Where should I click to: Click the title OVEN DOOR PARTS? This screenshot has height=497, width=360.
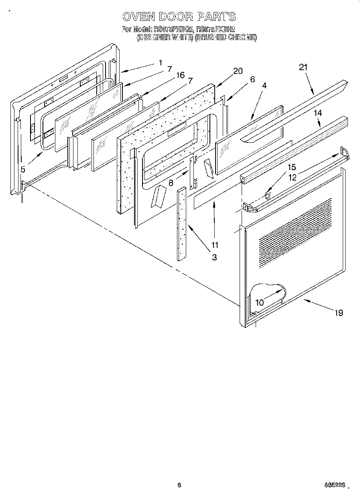coord(179,16)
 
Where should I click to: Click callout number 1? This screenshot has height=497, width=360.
coord(160,63)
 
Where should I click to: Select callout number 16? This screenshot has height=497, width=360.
coord(180,75)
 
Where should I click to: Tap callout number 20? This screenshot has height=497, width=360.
coord(238,71)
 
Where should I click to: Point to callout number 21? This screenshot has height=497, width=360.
coord(303,67)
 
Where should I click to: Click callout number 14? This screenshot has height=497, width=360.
coord(317,113)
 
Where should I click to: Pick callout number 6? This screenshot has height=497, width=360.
coord(252,79)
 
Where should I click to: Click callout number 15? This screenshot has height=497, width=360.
coord(291,167)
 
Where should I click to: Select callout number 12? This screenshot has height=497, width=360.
coord(293,177)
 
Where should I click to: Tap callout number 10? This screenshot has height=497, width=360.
coord(260,302)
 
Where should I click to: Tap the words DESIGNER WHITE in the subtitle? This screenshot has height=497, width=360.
coord(165,38)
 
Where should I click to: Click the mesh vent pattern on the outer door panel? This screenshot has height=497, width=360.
coord(295,233)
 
